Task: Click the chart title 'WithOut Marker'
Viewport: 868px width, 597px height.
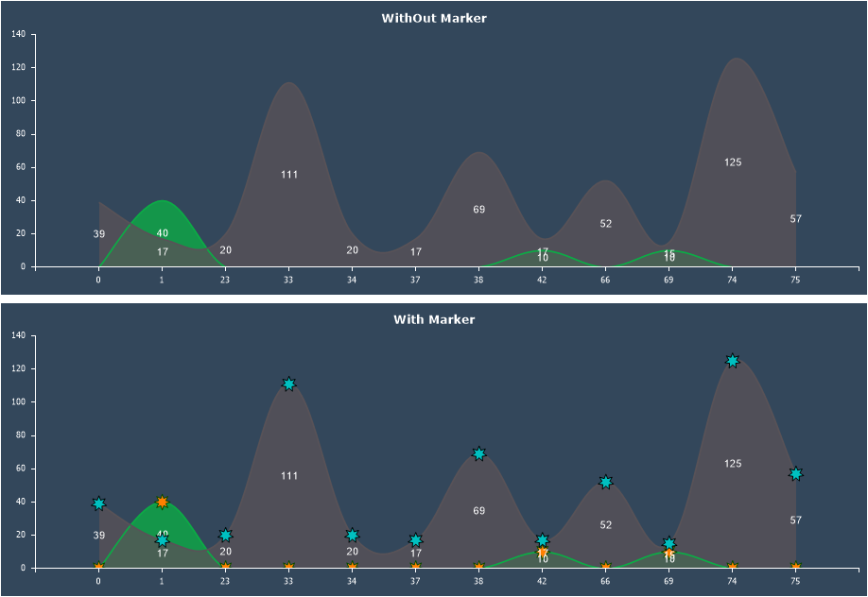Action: [434, 18]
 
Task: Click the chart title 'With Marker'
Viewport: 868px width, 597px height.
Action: [434, 319]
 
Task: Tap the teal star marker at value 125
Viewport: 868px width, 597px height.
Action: [732, 361]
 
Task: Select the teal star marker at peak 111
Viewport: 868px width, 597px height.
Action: [288, 384]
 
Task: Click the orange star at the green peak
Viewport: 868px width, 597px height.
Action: [162, 503]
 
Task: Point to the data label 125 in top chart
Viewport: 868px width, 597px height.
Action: [733, 162]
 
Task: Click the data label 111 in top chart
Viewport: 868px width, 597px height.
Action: [289, 175]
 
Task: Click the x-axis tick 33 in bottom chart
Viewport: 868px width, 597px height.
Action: [288, 581]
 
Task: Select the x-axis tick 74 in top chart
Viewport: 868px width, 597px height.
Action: [732, 280]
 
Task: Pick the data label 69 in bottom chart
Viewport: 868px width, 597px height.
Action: [479, 511]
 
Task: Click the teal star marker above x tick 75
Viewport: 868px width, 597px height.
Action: [795, 474]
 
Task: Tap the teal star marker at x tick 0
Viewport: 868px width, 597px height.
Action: [98, 503]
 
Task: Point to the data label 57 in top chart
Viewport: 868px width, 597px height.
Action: [795, 219]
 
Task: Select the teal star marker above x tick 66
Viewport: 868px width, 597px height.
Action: [605, 483]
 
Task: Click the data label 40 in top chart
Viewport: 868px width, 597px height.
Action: [163, 233]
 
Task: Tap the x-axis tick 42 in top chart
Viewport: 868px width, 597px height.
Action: [542, 280]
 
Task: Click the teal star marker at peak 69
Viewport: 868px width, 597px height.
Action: [478, 454]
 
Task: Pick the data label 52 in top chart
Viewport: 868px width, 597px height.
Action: [606, 224]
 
